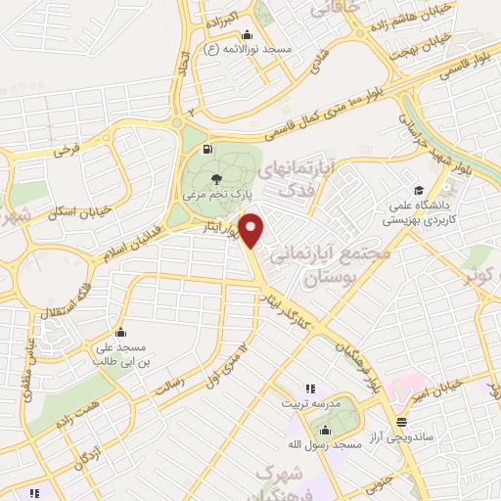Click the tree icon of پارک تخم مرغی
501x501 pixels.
pyautogui.click(x=216, y=178)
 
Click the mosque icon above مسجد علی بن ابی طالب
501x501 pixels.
pyautogui.click(x=119, y=333)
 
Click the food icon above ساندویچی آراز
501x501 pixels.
pyautogui.click(x=400, y=422)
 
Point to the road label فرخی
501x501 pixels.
pyautogui.click(x=66, y=151)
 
